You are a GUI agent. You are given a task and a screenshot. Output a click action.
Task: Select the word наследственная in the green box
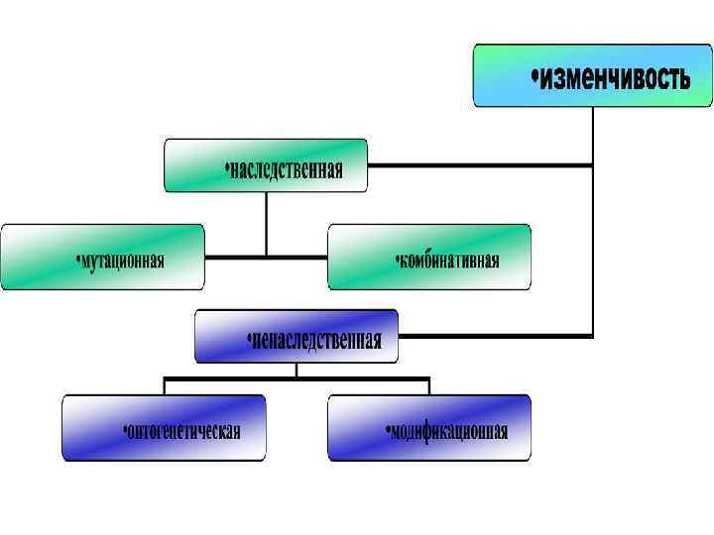287,169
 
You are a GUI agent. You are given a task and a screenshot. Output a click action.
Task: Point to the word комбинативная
449,261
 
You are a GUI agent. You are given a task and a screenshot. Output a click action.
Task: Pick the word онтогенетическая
184,432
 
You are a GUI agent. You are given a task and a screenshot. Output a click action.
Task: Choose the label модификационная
449,432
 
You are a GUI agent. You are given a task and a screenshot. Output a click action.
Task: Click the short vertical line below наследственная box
266,223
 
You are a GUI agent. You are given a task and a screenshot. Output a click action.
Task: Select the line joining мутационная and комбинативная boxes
266,257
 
